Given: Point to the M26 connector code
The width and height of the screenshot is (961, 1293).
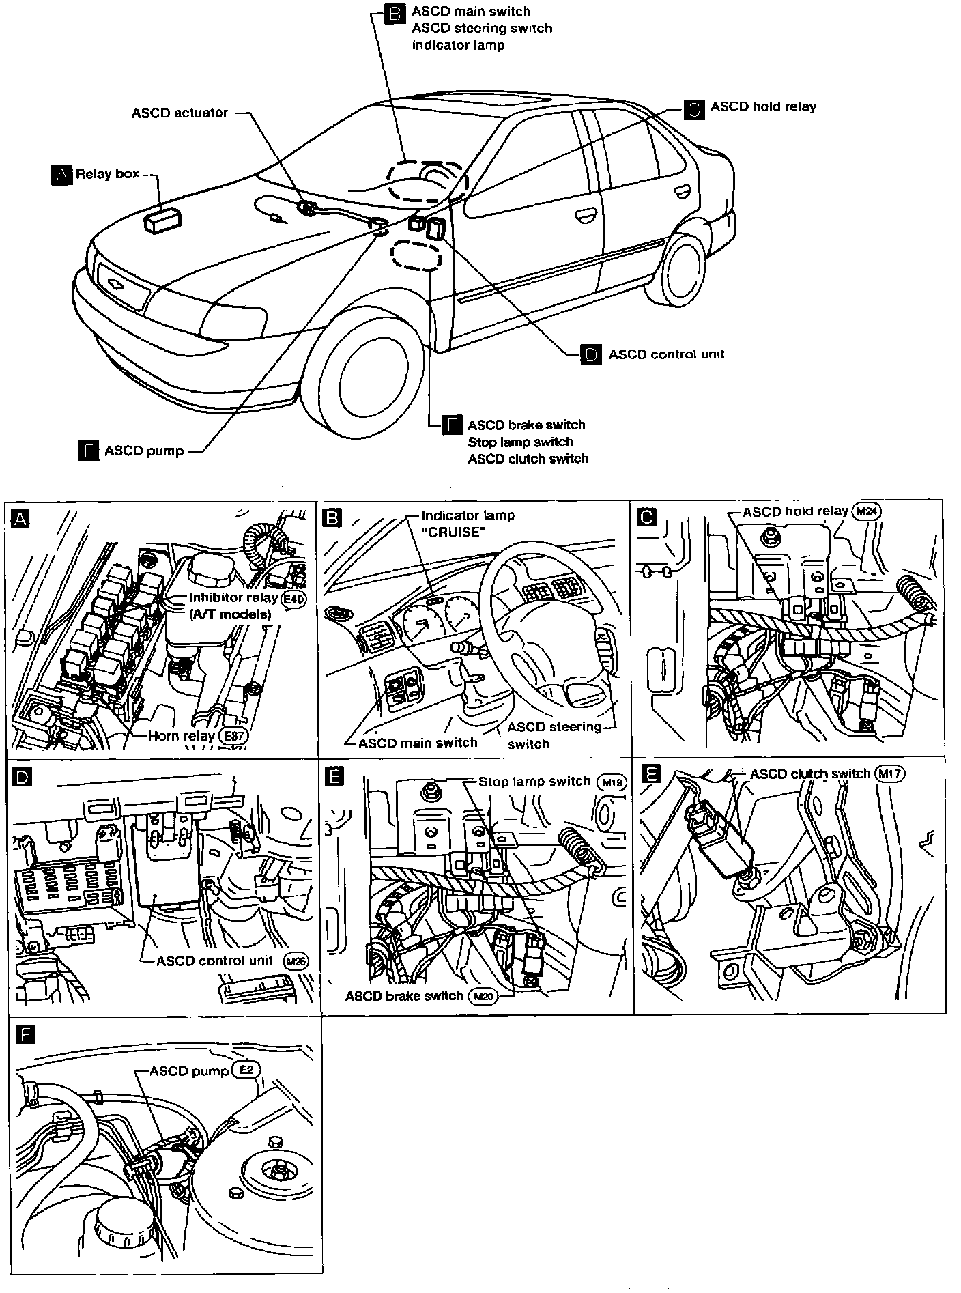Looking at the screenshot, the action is (x=296, y=961).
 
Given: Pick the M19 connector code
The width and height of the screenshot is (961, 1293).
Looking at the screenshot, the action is (x=611, y=782).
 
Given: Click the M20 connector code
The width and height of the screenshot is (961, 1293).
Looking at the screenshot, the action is (x=483, y=997).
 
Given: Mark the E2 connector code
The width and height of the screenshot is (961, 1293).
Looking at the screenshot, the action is (x=246, y=1070).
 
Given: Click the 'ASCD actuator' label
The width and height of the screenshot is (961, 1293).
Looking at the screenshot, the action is (x=180, y=113).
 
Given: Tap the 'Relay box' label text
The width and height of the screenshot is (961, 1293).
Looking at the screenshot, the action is (x=107, y=174).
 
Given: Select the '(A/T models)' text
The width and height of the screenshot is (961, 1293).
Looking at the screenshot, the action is (x=229, y=614).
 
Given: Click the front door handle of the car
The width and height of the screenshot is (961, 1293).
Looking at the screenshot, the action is (x=584, y=217).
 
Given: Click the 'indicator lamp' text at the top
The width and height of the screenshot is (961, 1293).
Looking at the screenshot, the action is (x=458, y=46).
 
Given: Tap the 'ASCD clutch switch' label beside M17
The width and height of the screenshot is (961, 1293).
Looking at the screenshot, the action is (x=810, y=773).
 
